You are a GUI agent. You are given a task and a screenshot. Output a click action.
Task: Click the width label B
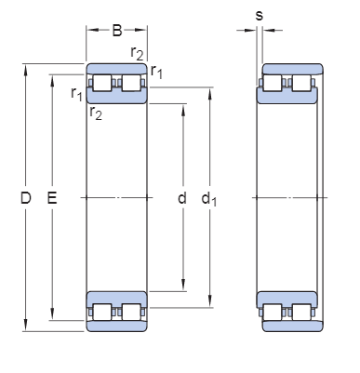click(x=117, y=30)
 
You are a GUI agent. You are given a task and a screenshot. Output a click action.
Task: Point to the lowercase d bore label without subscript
click(x=181, y=198)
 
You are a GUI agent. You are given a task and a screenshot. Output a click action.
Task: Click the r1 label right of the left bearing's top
click(x=156, y=72)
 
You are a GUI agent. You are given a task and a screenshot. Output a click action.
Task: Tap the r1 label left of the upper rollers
click(x=75, y=93)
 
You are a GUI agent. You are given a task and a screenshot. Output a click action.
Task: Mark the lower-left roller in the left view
click(x=101, y=311)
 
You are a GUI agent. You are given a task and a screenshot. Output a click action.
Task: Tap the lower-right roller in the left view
click(x=131, y=311)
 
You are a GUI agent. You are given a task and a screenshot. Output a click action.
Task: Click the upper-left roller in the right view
click(x=273, y=84)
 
